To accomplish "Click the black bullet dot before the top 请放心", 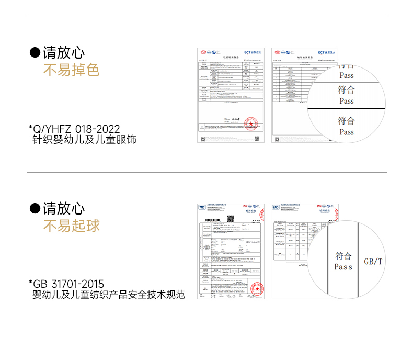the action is point(35,53).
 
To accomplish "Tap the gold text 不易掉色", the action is point(71,70).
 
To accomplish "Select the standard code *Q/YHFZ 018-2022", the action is point(75,129).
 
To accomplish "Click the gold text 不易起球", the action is point(71,226).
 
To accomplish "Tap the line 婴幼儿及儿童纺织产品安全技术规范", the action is point(109,295).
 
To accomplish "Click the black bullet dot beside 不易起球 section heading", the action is point(35,209).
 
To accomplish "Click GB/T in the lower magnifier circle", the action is point(373,261).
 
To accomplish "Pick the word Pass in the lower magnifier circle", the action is point(343,267).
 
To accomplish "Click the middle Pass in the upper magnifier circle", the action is point(347,101).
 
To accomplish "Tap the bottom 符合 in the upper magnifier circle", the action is point(347,121).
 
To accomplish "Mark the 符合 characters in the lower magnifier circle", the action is point(343,256).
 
